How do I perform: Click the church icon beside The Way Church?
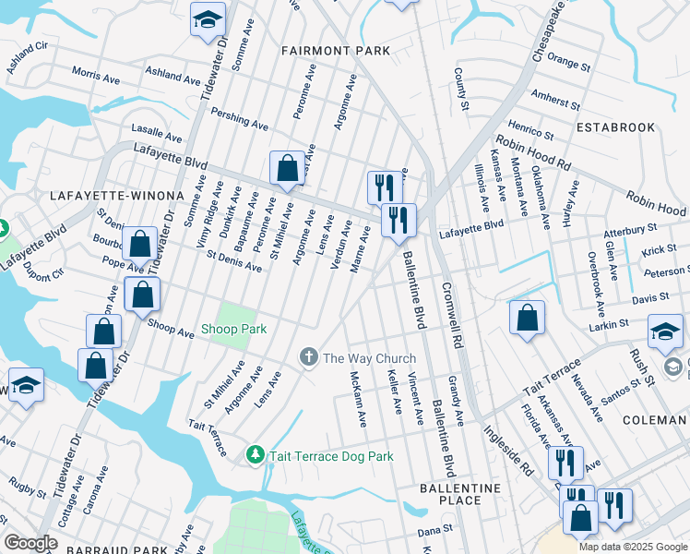click(x=310, y=357)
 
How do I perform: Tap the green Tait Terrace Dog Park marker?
click(x=256, y=455)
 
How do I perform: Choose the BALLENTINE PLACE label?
click(x=459, y=494)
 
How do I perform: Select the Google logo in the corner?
click(x=30, y=542)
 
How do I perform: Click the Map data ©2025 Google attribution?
click(x=632, y=547)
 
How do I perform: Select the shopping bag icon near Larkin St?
click(x=526, y=318)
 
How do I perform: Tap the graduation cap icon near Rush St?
click(x=665, y=331)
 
